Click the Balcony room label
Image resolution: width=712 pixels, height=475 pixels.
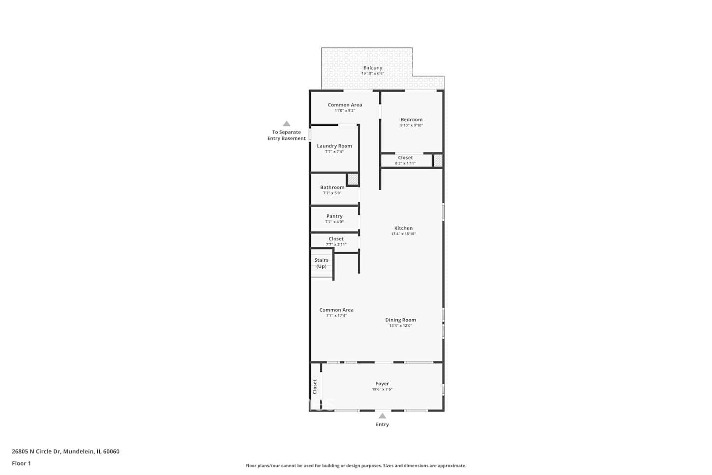tap(373, 68)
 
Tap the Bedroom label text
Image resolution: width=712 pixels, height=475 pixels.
tap(411, 120)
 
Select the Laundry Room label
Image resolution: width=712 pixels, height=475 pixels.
tap(334, 146)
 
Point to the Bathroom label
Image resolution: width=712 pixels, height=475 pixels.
tap(332, 187)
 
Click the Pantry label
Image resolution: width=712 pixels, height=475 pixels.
tap(334, 216)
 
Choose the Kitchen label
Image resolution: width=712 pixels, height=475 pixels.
tap(403, 228)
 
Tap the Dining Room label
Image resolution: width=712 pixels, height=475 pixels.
tap(400, 320)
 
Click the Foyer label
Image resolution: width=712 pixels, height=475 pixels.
tap(382, 383)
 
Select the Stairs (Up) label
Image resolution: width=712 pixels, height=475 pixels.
tap(321, 263)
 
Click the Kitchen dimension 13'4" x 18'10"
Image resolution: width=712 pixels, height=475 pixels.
tap(403, 234)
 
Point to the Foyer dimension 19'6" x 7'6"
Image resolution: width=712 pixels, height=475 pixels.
tap(382, 389)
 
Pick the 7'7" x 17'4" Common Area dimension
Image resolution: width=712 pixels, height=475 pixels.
tap(336, 316)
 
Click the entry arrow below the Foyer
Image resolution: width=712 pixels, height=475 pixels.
tap(382, 416)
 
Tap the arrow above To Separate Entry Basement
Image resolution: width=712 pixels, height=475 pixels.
tap(286, 123)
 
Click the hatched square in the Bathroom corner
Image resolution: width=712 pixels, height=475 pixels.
tap(353, 179)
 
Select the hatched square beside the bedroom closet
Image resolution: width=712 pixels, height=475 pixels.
tap(438, 161)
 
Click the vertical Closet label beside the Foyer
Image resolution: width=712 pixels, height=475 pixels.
tap(315, 386)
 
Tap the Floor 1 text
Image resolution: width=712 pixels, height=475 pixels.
tap(21, 463)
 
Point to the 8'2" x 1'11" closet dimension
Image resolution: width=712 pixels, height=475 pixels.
tap(405, 163)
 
